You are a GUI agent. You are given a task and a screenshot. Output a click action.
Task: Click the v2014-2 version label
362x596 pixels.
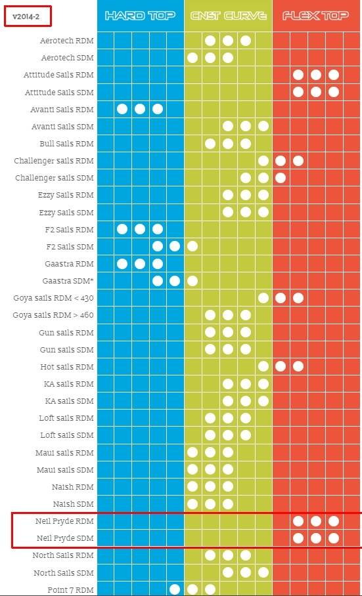pos(26,17)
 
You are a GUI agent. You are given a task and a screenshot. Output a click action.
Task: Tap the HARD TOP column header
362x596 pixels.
pos(141,16)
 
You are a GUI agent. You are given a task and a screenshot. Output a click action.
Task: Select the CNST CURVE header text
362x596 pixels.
pos(228,16)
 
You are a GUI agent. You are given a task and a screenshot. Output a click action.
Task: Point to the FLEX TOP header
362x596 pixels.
pos(315,16)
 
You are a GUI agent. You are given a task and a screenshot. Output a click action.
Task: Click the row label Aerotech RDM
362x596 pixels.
pos(66,41)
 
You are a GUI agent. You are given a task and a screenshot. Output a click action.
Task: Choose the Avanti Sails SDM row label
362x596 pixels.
pos(62,127)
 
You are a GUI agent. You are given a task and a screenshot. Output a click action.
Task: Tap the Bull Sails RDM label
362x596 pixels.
pos(66,144)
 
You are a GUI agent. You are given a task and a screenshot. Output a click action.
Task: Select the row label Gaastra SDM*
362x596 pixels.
pos(68,282)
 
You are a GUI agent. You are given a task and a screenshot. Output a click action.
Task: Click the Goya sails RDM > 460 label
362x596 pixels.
pos(53,316)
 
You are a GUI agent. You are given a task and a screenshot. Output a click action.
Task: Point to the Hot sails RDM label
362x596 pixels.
pos(67,367)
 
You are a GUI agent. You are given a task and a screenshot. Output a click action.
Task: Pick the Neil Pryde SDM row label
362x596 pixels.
pos(65,539)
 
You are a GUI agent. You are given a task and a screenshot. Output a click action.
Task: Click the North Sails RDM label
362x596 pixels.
pos(62,556)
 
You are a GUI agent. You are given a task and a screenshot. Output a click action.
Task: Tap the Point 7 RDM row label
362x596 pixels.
pos(70,590)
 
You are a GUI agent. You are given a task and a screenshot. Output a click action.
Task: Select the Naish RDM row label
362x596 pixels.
pos(73,487)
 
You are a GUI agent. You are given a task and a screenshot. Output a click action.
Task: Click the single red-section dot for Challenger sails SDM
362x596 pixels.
pos(281,178)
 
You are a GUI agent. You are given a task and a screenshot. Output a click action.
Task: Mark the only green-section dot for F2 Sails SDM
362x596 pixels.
pos(192,246)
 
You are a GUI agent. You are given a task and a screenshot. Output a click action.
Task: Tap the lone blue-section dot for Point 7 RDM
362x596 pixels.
pos(175,589)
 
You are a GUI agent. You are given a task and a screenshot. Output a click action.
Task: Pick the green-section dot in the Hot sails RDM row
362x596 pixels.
pos(263,366)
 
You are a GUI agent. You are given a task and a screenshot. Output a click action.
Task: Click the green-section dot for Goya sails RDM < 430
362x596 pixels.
pos(263,298)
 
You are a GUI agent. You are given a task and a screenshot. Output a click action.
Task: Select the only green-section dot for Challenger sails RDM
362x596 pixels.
pos(263,161)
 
